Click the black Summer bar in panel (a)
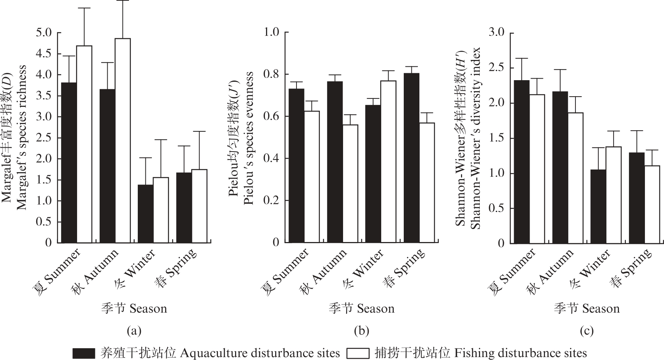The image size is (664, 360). pyautogui.click(x=69, y=162)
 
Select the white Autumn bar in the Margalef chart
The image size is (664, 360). pyautogui.click(x=122, y=140)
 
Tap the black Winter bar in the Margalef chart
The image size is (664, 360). pyautogui.click(x=145, y=214)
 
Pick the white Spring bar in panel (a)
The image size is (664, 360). pyautogui.click(x=199, y=206)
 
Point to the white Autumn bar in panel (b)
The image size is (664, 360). pyautogui.click(x=350, y=184)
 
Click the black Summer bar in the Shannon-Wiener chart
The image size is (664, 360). pyautogui.click(x=522, y=162)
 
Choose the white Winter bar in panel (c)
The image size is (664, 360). pyautogui.click(x=614, y=195)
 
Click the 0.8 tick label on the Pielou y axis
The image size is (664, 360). pyautogui.click(x=271, y=74)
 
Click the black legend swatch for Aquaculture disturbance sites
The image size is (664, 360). pyautogui.click(x=84, y=353)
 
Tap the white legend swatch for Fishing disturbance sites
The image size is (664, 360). pyautogui.click(x=358, y=353)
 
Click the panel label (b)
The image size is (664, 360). pyautogui.click(x=361, y=331)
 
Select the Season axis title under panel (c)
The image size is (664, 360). pyautogui.click(x=587, y=308)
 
